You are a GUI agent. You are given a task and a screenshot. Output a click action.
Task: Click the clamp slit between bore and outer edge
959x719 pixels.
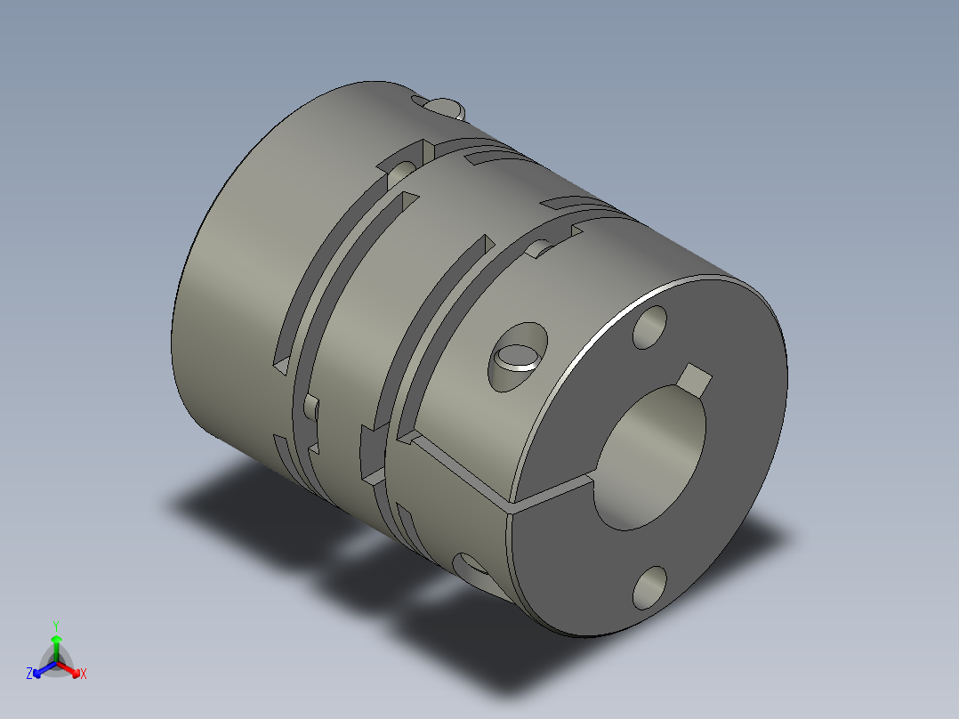(552, 493)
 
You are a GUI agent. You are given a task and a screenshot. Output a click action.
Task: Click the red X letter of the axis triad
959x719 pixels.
(84, 675)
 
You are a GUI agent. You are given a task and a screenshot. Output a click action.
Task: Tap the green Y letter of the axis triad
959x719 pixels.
(55, 625)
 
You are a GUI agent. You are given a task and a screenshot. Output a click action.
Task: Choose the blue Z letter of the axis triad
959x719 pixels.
(29, 675)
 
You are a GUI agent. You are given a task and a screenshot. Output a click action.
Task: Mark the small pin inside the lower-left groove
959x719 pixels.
(310, 408)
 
